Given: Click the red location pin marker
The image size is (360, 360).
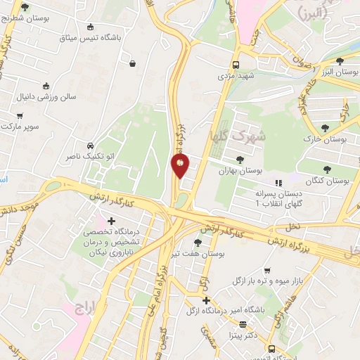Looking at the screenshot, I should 180,165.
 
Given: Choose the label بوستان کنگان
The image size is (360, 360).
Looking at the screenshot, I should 328,181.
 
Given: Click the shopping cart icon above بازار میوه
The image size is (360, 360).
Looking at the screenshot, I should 266,269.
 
